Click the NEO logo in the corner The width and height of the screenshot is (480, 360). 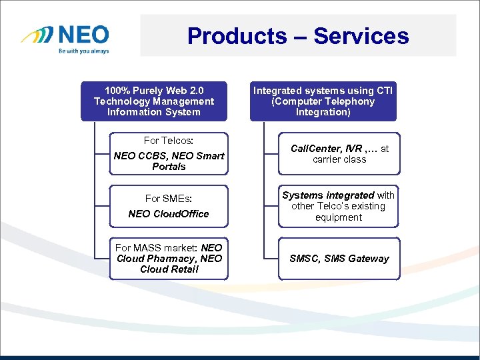(x=64, y=35)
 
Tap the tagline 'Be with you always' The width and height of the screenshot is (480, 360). (x=83, y=51)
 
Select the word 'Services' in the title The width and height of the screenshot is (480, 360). (x=361, y=35)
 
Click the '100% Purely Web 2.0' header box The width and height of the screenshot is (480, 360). (x=154, y=101)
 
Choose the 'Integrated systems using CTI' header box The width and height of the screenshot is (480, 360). (x=323, y=101)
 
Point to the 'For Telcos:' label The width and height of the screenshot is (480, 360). (x=169, y=141)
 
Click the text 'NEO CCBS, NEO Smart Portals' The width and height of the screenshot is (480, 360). (x=169, y=161)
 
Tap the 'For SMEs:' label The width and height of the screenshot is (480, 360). (x=169, y=198)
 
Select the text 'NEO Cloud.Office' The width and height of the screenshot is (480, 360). (x=169, y=214)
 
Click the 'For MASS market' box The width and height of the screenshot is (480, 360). (x=169, y=259)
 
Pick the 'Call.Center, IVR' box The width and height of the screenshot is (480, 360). (x=339, y=154)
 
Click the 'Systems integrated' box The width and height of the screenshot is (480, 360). (x=339, y=206)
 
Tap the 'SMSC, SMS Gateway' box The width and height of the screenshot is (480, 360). (x=339, y=259)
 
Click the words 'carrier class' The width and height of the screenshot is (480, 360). (x=339, y=160)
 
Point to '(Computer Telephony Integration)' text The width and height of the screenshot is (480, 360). (x=323, y=107)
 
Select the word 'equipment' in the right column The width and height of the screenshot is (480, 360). (x=339, y=217)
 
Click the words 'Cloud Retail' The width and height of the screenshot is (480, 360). (x=169, y=269)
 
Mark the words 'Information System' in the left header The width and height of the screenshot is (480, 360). (x=154, y=112)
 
